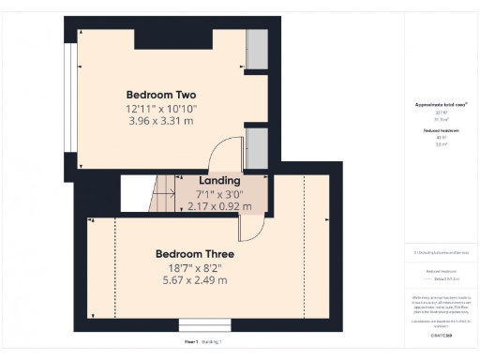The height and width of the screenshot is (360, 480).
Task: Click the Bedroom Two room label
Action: pos(161,95)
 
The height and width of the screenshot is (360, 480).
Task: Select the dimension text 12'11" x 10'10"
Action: pos(161,109)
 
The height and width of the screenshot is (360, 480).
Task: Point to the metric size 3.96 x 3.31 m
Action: pos(161,121)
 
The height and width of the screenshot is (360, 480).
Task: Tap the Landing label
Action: pos(220,180)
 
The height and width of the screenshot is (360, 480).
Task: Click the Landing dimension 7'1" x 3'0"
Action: pos(220,194)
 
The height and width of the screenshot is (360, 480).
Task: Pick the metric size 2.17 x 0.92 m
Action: pos(220,206)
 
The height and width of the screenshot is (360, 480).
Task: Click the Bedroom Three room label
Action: pos(194,253)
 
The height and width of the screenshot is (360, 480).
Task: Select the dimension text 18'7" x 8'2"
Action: pos(194,267)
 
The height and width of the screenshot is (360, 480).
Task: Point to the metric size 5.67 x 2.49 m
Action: pos(194,279)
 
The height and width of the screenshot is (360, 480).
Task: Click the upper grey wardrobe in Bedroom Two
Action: pos(256,46)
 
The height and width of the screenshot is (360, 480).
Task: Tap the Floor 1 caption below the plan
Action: pos(192,343)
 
